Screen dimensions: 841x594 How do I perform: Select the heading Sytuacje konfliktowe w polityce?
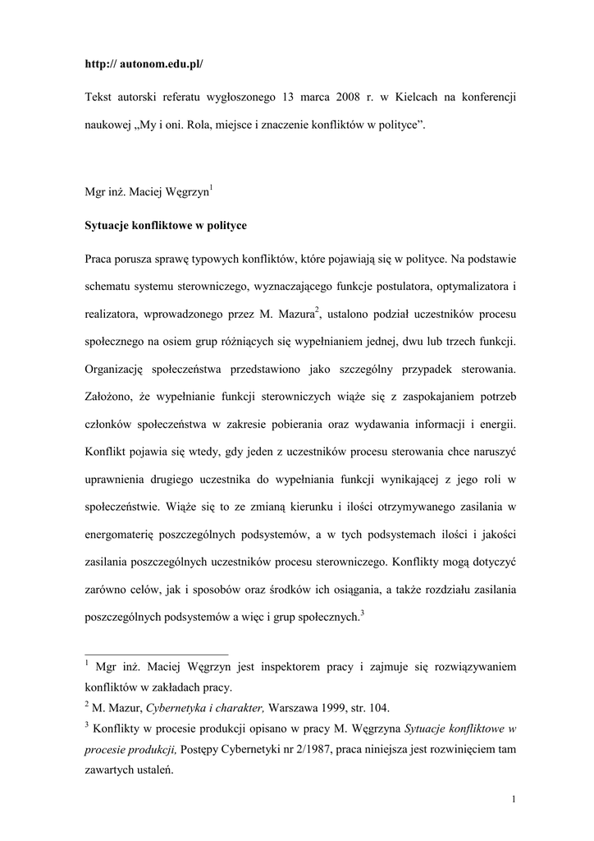point(166,225)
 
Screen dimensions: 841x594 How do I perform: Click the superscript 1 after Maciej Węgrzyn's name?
point(212,188)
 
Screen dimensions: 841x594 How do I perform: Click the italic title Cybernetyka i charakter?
point(202,707)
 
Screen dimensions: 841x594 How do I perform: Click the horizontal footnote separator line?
point(157,655)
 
